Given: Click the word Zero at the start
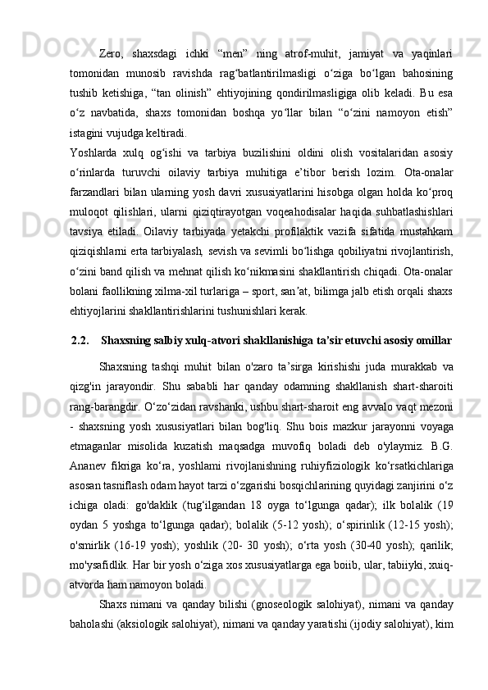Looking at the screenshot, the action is click(112, 55).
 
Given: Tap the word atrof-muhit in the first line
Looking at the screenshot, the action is click(309, 55).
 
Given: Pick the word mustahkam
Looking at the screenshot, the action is click(428, 243).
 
